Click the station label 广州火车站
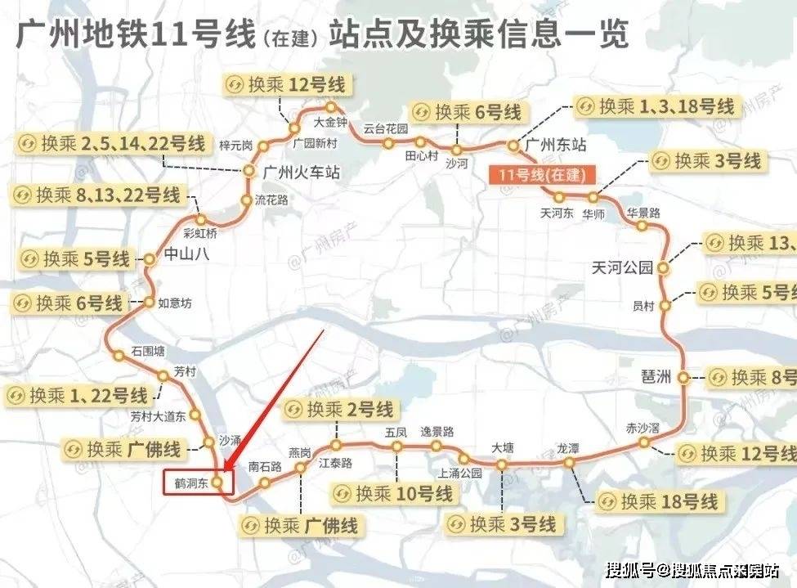(x=300, y=173)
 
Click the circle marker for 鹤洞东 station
(x=217, y=483)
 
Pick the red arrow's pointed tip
(x=223, y=473)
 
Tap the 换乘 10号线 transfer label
(x=393, y=494)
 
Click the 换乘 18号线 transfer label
(x=658, y=500)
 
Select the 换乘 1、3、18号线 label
(x=656, y=106)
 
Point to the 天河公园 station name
(x=624, y=267)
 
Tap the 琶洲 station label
(x=656, y=377)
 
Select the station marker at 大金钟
(x=331, y=107)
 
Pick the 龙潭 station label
(x=568, y=448)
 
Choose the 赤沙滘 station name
(x=643, y=428)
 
